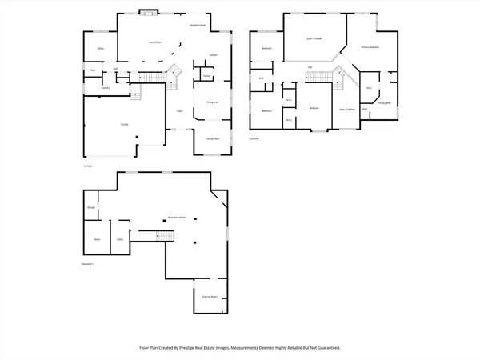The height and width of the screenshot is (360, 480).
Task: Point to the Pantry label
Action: click(x=206, y=77)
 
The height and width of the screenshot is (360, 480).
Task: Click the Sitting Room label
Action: click(x=214, y=138)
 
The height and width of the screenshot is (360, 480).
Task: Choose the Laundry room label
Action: click(x=106, y=87)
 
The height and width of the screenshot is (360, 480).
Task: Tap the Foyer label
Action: click(x=180, y=110)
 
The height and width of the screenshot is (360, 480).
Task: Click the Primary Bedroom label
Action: click(x=370, y=47)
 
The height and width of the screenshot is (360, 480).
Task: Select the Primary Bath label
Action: click(x=384, y=103)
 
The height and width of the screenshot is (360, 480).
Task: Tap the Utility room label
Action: click(x=119, y=238)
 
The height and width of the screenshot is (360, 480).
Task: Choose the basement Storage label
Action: click(x=92, y=208)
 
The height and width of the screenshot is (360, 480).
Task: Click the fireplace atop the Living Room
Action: click(x=147, y=12)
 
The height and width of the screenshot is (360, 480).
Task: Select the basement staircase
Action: click(x=165, y=236)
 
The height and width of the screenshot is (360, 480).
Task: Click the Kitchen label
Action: click(x=214, y=55)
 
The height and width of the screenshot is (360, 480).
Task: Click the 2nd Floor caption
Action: click(x=254, y=138)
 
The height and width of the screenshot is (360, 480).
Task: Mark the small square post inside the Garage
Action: click(x=138, y=141)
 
